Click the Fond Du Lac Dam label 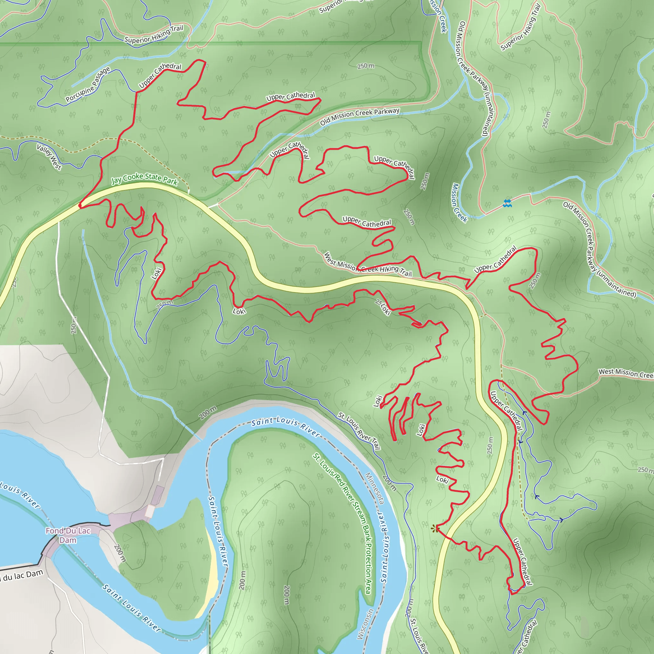[x=68, y=535]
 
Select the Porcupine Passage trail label [x=88, y=85]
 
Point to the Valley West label [x=49, y=157]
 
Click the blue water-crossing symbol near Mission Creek [x=507, y=203]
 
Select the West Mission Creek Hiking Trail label [x=368, y=265]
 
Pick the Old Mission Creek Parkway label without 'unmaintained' [x=360, y=116]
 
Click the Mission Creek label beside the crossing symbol [x=459, y=203]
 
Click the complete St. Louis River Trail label [x=360, y=431]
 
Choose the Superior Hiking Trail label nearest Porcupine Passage [x=154, y=34]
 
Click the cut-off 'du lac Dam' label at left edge [x=22, y=575]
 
